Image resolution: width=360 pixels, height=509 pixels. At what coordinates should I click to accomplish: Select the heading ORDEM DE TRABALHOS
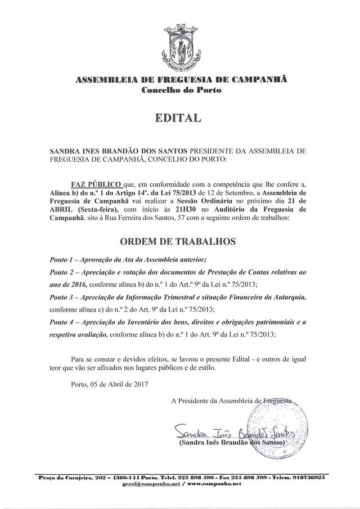179,242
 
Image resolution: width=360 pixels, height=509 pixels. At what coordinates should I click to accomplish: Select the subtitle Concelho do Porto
180,90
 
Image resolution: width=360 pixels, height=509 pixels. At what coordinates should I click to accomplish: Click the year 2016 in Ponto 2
84,284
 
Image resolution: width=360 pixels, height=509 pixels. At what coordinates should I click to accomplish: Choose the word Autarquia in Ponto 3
286,296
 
